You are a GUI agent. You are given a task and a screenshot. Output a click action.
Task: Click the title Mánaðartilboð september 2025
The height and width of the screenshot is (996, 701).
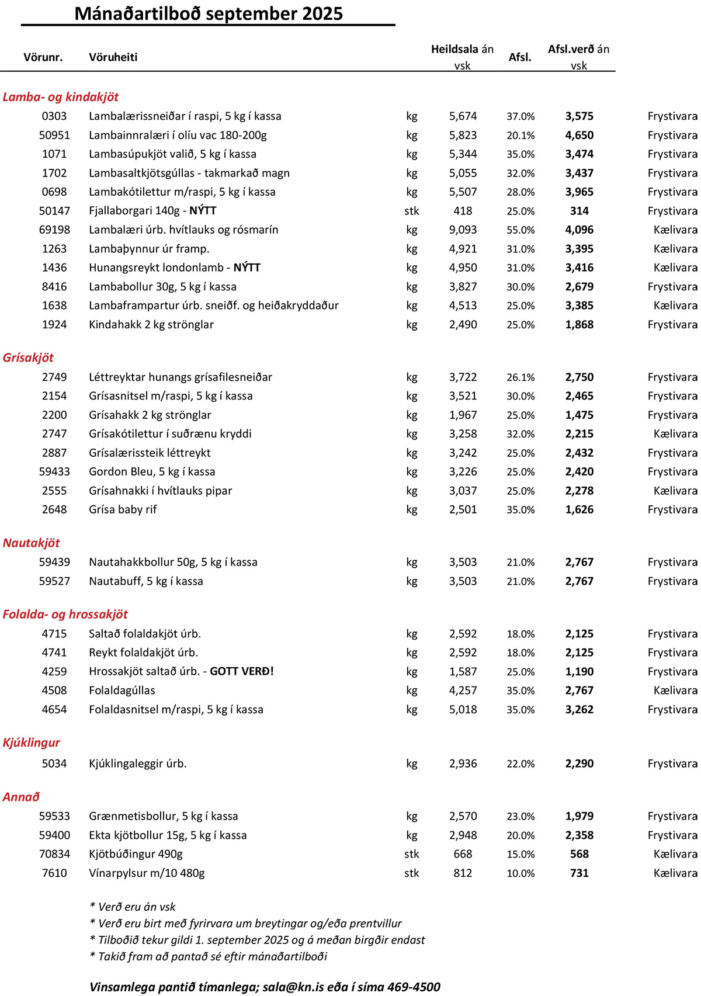(x=209, y=13)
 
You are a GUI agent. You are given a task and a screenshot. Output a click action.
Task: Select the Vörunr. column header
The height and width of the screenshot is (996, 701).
(x=43, y=57)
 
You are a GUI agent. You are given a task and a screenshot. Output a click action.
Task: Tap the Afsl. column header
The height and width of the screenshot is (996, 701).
(x=520, y=57)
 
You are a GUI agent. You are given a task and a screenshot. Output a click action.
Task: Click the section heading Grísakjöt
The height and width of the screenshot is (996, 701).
(x=28, y=358)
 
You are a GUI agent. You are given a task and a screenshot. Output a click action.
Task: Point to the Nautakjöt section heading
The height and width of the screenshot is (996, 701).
(x=31, y=543)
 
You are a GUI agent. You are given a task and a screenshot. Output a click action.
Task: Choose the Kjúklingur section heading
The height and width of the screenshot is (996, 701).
(x=31, y=742)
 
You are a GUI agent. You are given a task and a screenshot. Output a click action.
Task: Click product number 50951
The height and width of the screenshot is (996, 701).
(x=54, y=135)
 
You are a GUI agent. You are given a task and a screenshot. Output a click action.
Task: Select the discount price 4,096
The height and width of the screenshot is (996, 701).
(x=579, y=230)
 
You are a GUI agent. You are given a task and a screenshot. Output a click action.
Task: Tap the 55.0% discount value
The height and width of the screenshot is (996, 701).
(x=520, y=230)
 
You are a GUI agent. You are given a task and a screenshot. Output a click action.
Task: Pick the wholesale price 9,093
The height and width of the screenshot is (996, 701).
(x=463, y=230)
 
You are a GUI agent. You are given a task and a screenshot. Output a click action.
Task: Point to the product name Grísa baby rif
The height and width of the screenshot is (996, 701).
(x=123, y=509)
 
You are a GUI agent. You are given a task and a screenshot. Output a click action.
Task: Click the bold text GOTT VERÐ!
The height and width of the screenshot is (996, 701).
(x=242, y=671)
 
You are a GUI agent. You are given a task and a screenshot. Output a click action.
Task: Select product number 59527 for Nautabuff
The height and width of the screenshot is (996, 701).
(x=54, y=581)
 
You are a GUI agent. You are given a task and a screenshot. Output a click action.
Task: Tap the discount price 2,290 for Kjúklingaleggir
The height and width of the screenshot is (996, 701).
(x=579, y=764)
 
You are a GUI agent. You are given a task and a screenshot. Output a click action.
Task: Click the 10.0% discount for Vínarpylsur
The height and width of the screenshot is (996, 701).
(x=520, y=873)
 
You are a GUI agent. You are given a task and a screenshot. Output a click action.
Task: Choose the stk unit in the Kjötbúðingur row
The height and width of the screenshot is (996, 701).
(x=411, y=854)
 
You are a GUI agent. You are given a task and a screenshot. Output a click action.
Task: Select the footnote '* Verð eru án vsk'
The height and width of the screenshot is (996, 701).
(x=133, y=907)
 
